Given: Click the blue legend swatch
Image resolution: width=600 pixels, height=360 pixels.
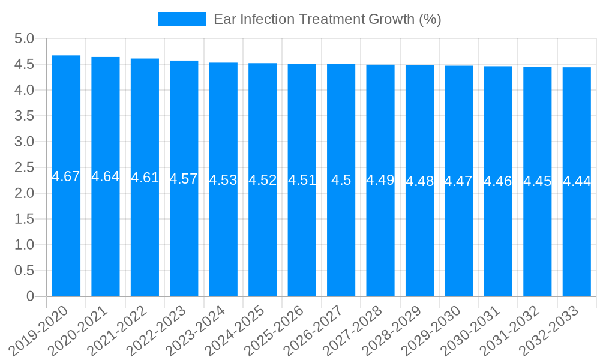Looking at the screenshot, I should click(x=182, y=19).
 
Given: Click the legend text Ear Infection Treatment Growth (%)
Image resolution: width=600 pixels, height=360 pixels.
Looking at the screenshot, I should click(x=327, y=19).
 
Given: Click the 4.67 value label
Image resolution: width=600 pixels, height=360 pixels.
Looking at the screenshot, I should click(x=66, y=176).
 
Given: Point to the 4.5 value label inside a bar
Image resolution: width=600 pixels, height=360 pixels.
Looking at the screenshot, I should click(x=341, y=180).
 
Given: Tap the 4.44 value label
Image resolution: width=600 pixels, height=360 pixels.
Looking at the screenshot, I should click(x=577, y=181).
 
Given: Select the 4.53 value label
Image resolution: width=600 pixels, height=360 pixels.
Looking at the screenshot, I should click(x=223, y=180).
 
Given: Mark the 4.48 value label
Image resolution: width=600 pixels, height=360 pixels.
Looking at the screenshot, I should click(x=419, y=181).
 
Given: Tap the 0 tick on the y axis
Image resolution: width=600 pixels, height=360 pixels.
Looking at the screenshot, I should click(x=31, y=296).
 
